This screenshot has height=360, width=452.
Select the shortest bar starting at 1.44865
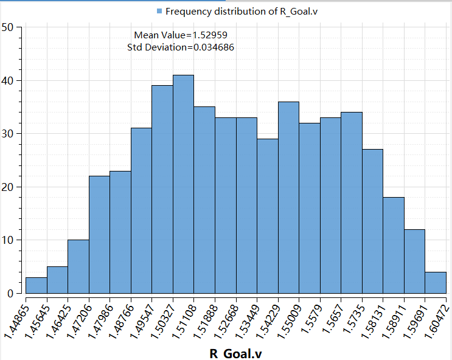point(36,285)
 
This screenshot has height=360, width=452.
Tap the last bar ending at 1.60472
point(436,282)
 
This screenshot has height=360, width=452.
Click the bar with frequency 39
point(162,189)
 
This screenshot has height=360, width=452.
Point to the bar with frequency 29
point(267,216)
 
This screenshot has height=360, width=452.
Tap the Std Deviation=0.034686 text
point(181,47)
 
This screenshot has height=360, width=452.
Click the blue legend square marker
point(160,12)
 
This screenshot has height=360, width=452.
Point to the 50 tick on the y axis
point(9,27)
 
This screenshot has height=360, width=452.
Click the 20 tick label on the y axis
point(9,187)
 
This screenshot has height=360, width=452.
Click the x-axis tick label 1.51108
point(186,316)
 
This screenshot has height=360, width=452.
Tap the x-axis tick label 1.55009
point(291,316)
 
